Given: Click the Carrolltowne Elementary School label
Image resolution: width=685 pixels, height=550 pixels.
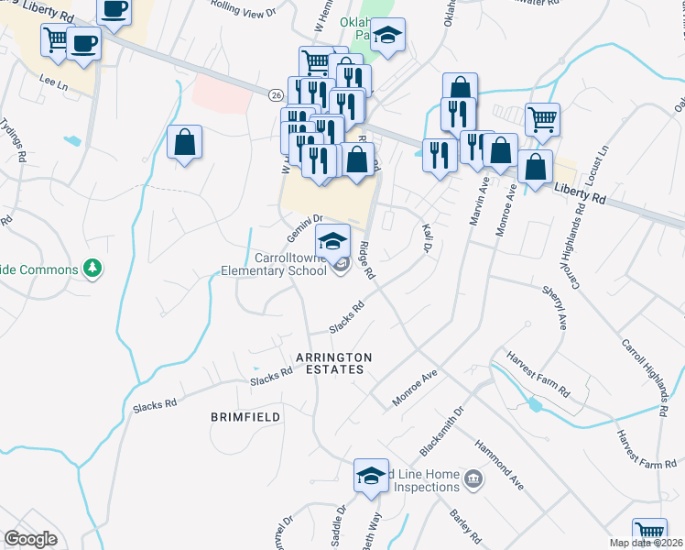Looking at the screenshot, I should [274, 264].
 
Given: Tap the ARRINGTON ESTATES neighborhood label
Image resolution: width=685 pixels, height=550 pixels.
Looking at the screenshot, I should [333, 363].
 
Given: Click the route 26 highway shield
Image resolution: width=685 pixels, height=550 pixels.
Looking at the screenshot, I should [275, 94].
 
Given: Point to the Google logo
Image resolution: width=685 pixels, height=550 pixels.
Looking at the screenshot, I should [30, 539].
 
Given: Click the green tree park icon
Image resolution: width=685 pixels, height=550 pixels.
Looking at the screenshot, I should [92, 268].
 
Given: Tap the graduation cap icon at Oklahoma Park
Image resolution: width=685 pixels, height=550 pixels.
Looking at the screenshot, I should [388, 37].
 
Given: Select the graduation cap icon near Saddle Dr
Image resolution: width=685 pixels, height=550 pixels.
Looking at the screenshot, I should [371, 475].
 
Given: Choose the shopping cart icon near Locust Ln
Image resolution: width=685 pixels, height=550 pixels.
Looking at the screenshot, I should [542, 117].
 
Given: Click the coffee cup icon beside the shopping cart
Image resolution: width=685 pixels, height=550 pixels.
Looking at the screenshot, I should [83, 44].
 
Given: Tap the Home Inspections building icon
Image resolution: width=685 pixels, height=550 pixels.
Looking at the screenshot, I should [473, 478].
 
